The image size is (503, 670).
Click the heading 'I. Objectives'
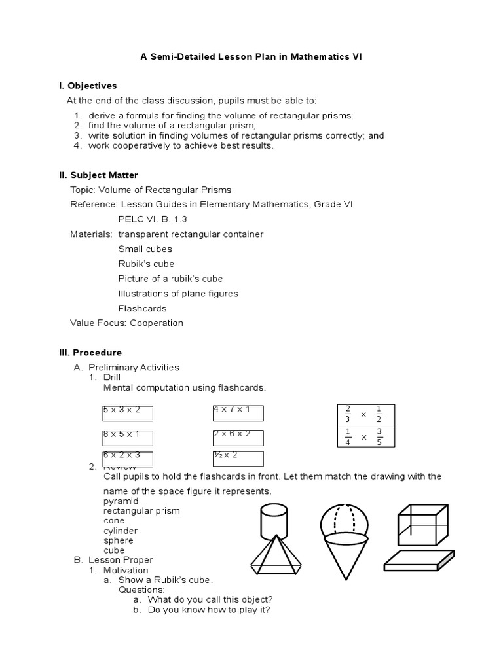coord(88,86)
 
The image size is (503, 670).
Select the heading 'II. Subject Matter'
coord(99,175)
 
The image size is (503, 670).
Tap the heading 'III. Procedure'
coord(90,353)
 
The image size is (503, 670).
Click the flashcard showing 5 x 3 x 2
coord(127,413)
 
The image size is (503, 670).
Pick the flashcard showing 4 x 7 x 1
coord(238,413)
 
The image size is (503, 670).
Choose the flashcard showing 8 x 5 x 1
coord(127,437)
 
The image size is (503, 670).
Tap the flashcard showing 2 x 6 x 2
coord(238,437)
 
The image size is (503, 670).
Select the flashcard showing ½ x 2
coord(238,458)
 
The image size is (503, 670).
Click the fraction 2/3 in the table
coord(348,415)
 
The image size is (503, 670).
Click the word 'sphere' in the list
coord(118,540)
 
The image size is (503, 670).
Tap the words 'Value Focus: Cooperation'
coord(126,323)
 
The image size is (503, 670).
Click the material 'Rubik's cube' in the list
coord(146,264)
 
